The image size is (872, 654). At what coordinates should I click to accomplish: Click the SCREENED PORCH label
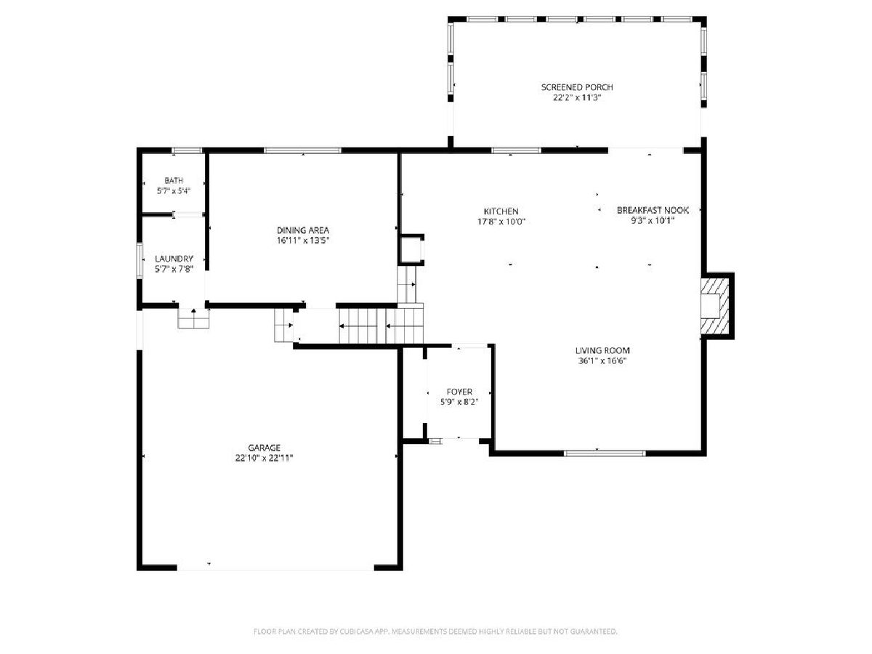(x=576, y=87)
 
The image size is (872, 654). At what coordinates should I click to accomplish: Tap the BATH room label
(x=174, y=181)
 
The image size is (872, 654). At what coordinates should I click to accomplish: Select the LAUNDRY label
(x=174, y=259)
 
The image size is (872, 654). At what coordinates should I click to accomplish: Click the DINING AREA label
(x=303, y=230)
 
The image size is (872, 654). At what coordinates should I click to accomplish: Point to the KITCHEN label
(x=501, y=211)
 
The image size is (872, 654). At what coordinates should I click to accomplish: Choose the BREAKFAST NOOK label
(x=653, y=211)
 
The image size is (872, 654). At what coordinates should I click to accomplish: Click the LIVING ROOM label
(x=602, y=351)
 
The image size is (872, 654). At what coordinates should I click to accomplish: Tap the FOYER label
(x=459, y=392)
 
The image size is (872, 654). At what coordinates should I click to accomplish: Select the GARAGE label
(x=265, y=448)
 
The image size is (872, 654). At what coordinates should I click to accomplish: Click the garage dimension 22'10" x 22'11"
(x=265, y=459)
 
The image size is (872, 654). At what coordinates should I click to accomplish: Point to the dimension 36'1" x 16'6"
(x=602, y=361)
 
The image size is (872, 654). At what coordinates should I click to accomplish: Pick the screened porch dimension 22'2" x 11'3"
(x=576, y=97)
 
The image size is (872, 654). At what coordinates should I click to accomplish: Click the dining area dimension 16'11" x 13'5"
(x=303, y=241)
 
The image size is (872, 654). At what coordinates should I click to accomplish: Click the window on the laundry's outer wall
(x=140, y=260)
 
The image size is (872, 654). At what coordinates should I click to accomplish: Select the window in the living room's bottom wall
(x=605, y=453)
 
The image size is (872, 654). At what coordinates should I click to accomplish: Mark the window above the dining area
(x=302, y=150)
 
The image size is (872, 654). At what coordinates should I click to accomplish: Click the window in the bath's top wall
(x=187, y=150)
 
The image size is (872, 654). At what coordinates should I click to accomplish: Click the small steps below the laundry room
(x=193, y=319)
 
